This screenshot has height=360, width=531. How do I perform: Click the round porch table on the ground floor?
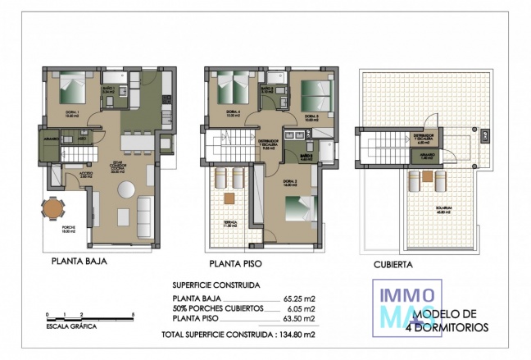click(x=52, y=209)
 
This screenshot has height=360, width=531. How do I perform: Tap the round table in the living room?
click(x=127, y=189)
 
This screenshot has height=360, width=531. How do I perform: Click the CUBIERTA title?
click(x=393, y=265)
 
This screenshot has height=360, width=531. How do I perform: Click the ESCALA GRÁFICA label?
click(x=71, y=326)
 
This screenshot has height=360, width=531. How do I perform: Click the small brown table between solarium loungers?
click(x=435, y=183)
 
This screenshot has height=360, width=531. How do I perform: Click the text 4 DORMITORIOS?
click(x=447, y=327)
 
